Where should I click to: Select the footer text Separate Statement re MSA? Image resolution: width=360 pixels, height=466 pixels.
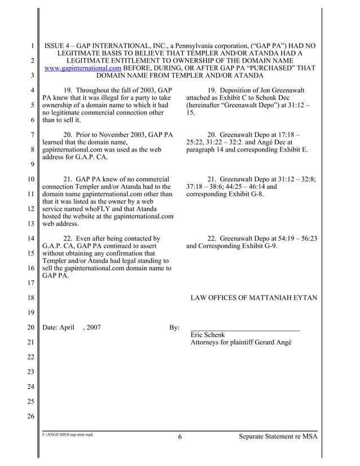click(278, 437)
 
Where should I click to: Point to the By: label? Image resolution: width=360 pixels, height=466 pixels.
click(174, 327)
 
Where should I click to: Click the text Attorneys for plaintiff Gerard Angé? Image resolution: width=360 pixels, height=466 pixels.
click(241, 342)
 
